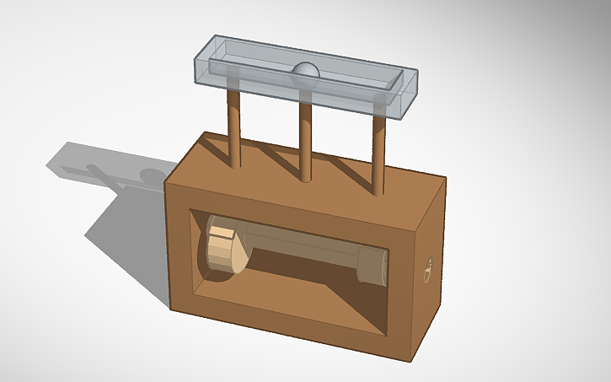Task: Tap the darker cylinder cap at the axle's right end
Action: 371,266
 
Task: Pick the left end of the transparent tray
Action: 202,60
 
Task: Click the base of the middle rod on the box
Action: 305,177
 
